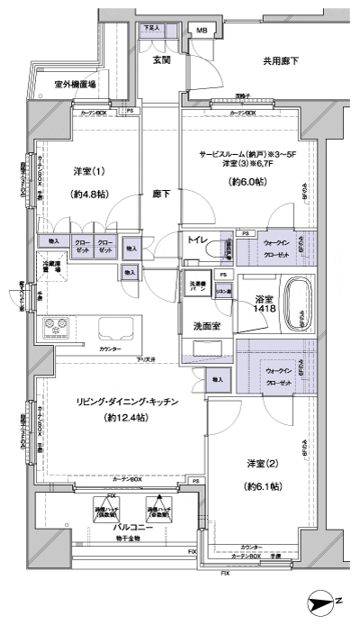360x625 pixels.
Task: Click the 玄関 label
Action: [162, 60]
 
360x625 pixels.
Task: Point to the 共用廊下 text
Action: [281, 61]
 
